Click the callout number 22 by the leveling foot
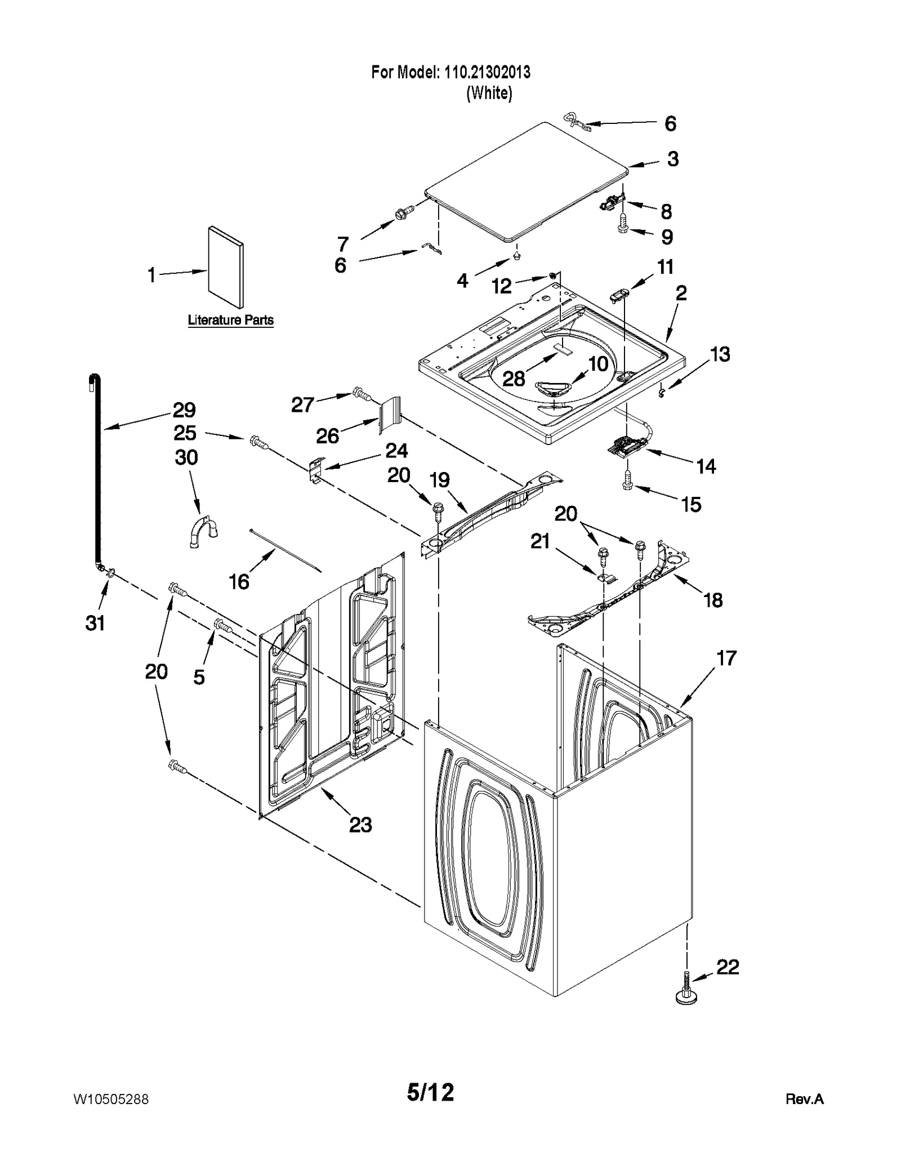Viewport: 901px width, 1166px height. [x=727, y=967]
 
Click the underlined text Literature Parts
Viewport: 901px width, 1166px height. [x=230, y=320]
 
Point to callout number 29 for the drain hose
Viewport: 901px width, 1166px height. [x=184, y=410]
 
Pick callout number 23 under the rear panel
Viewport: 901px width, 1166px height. [x=360, y=825]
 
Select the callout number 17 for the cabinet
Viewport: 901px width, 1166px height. [x=726, y=658]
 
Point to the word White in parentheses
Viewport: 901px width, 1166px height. [x=489, y=93]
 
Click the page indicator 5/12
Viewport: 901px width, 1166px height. [x=430, y=1093]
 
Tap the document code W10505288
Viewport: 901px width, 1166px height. [x=111, y=1099]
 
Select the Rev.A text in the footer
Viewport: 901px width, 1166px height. [x=804, y=1099]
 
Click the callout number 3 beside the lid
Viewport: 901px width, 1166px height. [x=673, y=159]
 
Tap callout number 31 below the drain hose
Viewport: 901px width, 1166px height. [x=95, y=623]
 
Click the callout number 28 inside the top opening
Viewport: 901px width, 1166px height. [x=514, y=379]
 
